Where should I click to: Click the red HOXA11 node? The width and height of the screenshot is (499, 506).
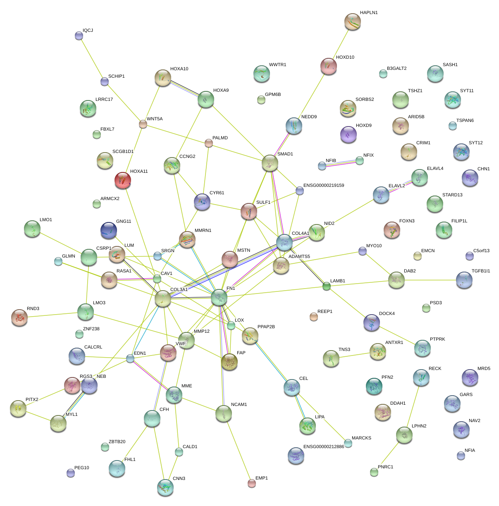pyautogui.click(x=122, y=180)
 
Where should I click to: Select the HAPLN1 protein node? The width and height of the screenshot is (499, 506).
pyautogui.click(x=352, y=21)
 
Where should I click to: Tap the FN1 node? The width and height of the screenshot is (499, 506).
pyautogui.click(x=219, y=297)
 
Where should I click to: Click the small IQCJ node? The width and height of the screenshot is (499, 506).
pyautogui.click(x=79, y=36)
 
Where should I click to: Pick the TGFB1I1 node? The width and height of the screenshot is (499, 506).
pyautogui.click(x=464, y=280)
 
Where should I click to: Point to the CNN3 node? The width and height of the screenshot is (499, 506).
pyautogui.click(x=165, y=487)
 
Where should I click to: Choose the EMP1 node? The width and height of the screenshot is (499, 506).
pyautogui.click(x=251, y=483)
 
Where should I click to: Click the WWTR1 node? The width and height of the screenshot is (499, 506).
pyautogui.click(x=261, y=74)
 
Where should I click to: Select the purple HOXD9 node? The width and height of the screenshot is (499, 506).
pyautogui.click(x=348, y=134)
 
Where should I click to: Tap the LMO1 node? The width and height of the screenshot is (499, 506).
pyautogui.click(x=32, y=229)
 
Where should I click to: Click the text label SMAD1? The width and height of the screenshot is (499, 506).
pyautogui.click(x=285, y=154)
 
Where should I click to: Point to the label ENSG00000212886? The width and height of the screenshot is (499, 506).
pyautogui.click(x=324, y=447)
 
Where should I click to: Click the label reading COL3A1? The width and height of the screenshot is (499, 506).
pyautogui.click(x=179, y=290)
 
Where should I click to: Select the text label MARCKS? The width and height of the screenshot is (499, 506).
pyautogui.click(x=361, y=438)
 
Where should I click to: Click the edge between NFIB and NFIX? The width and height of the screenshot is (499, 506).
pyautogui.click(x=341, y=163)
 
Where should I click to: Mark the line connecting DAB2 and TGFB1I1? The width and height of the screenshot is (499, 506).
pyautogui.click(x=430, y=280)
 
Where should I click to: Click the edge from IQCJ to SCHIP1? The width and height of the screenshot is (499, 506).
pyautogui.click(x=92, y=59)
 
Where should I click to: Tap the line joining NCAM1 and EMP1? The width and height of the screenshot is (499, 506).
pyautogui.click(x=238, y=448)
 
